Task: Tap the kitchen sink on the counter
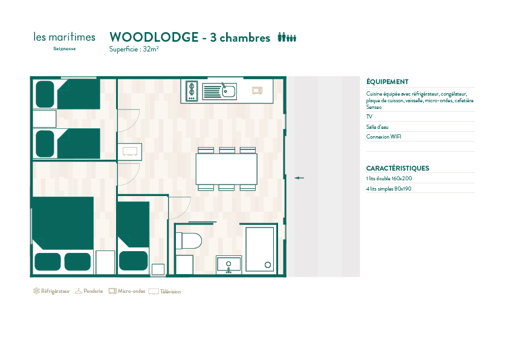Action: [x=219, y=91]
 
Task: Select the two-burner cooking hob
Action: [x=192, y=91]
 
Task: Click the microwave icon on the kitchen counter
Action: [x=257, y=90]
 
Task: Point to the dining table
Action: [x=226, y=169]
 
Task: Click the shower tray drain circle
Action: [x=267, y=265]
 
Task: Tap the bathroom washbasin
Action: [x=229, y=264]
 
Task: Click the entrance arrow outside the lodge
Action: [x=299, y=178]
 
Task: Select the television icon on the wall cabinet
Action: [x=130, y=151]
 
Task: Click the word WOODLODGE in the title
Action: [x=154, y=38]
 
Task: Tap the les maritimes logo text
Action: [x=64, y=37]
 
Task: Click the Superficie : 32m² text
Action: [x=134, y=50]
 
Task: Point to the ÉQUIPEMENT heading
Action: [x=387, y=82]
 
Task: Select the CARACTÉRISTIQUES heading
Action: [x=398, y=168]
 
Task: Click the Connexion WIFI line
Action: [x=384, y=137]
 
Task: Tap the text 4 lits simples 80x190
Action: [x=389, y=189]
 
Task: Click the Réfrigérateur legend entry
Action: [x=51, y=291]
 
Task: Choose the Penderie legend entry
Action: [x=89, y=291]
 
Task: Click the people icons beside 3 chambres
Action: [x=287, y=38]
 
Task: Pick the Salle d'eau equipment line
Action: [x=377, y=127]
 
